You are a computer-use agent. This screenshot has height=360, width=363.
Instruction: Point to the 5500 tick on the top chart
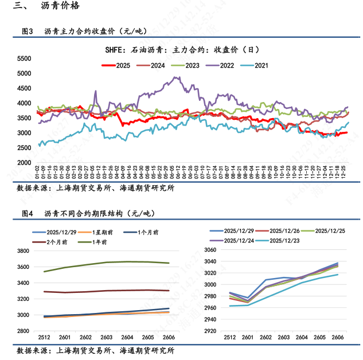point(24,58)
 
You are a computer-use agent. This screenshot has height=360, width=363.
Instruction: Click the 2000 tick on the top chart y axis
point(24,163)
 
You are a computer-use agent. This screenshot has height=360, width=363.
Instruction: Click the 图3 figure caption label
point(28,31)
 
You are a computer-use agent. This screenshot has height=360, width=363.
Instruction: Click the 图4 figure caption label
point(28,213)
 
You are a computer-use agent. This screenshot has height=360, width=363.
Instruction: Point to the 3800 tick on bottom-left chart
point(24,251)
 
